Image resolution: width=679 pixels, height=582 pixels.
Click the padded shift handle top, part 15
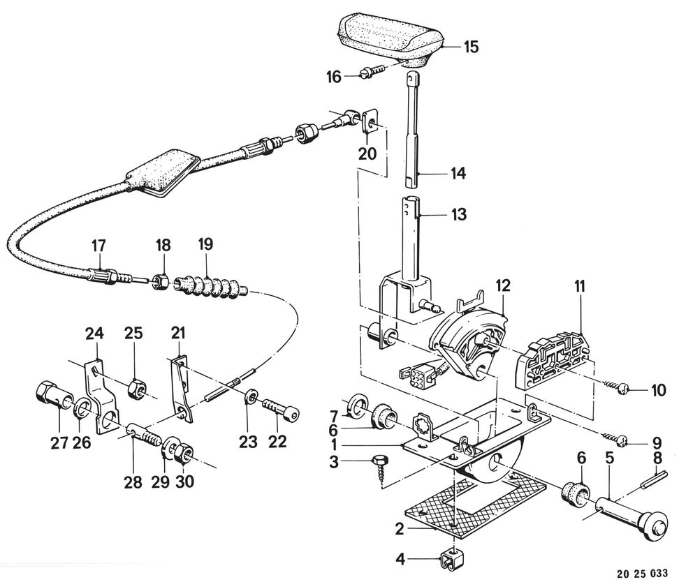point(391,40)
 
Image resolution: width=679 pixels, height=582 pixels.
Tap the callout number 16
point(334,77)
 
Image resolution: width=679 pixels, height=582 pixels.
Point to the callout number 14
point(458,174)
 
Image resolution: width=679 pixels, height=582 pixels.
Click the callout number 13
point(459,214)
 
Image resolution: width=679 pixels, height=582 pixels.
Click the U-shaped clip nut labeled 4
point(453,560)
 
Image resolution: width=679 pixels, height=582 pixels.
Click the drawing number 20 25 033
point(642,573)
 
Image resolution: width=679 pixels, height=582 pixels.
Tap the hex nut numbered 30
point(184,453)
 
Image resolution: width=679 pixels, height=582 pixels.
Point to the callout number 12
point(503,285)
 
